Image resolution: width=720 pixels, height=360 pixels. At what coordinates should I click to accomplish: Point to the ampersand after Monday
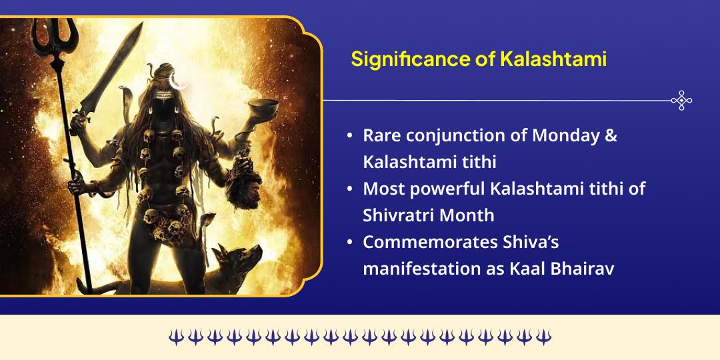[x=611, y=135]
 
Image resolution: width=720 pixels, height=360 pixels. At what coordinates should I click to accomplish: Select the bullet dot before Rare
[x=350, y=136]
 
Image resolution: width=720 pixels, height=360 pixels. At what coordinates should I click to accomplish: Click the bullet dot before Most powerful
[x=350, y=189]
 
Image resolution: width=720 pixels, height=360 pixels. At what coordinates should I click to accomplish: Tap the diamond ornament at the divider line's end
[x=681, y=100]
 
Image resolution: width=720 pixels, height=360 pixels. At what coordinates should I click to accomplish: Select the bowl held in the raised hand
[x=264, y=107]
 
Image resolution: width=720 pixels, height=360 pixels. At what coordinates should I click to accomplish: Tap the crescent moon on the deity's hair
[x=177, y=83]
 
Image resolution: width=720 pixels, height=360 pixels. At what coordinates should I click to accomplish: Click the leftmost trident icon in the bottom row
[x=175, y=337]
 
